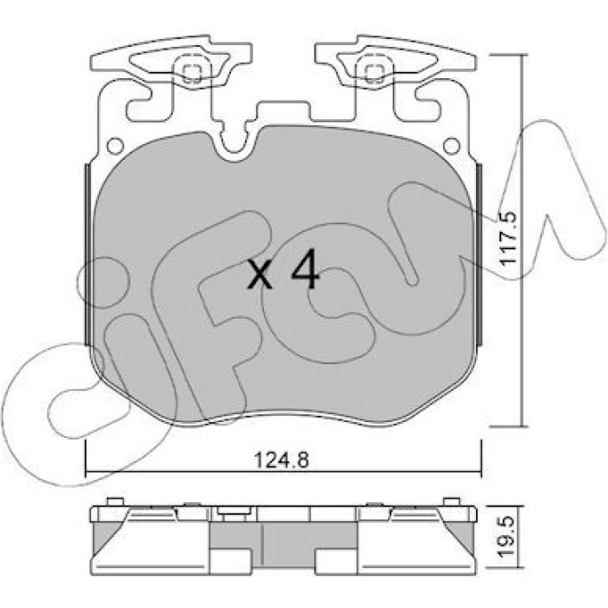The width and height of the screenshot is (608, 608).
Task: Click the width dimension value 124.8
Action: click(x=281, y=461)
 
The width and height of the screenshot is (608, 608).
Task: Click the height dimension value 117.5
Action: click(x=508, y=238)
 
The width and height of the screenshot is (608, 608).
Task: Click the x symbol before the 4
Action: click(x=260, y=275)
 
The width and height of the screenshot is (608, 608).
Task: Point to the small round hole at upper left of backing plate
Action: click(x=115, y=146)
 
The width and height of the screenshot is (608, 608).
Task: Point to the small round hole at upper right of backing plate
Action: click(x=451, y=146)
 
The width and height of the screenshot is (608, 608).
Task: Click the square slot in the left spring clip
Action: click(x=192, y=72)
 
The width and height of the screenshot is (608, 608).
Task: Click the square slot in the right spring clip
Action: click(x=374, y=72)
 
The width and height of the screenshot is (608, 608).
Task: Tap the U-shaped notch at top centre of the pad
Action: click(x=235, y=144)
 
